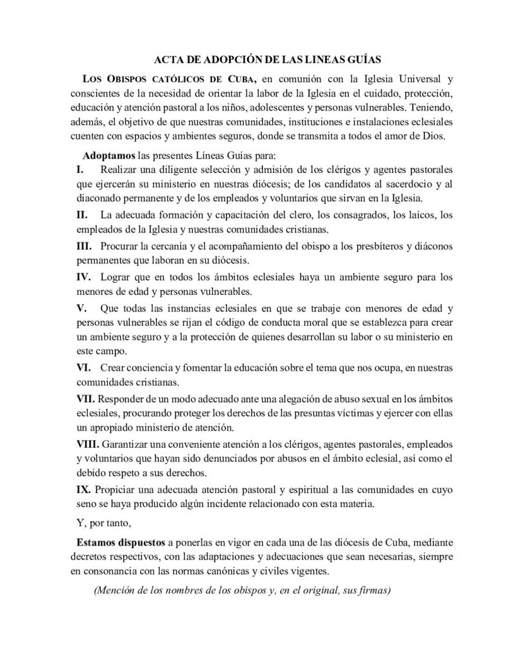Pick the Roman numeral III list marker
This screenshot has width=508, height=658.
pyautogui.click(x=85, y=247)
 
